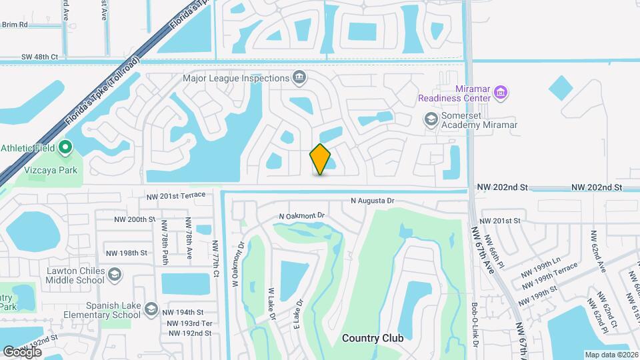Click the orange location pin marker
click(x=321, y=159)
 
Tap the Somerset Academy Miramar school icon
click(x=431, y=119)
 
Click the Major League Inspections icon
click(x=299, y=78)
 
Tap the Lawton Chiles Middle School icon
click(x=115, y=275)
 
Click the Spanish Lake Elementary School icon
click(x=152, y=309)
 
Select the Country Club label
click(x=373, y=338)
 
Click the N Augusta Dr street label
click(x=373, y=200)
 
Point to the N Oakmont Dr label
click(x=301, y=216)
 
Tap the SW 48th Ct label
click(x=39, y=57)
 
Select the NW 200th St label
click(x=135, y=219)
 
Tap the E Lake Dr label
click(x=299, y=313)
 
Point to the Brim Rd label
click(x=15, y=24)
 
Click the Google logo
click(x=22, y=351)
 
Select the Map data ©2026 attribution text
click(x=611, y=355)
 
